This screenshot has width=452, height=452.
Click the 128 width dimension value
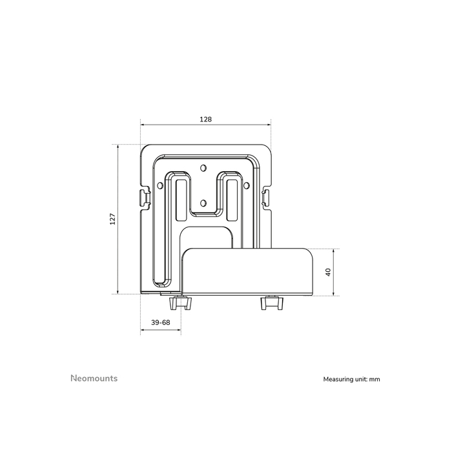click(206, 119)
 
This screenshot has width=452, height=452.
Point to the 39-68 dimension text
click(160, 322)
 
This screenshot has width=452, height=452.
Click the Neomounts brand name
click(94, 378)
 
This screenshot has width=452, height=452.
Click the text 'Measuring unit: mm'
click(352, 380)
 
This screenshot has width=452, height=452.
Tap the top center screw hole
click(204, 169)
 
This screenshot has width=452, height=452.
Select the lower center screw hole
click(204, 203)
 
